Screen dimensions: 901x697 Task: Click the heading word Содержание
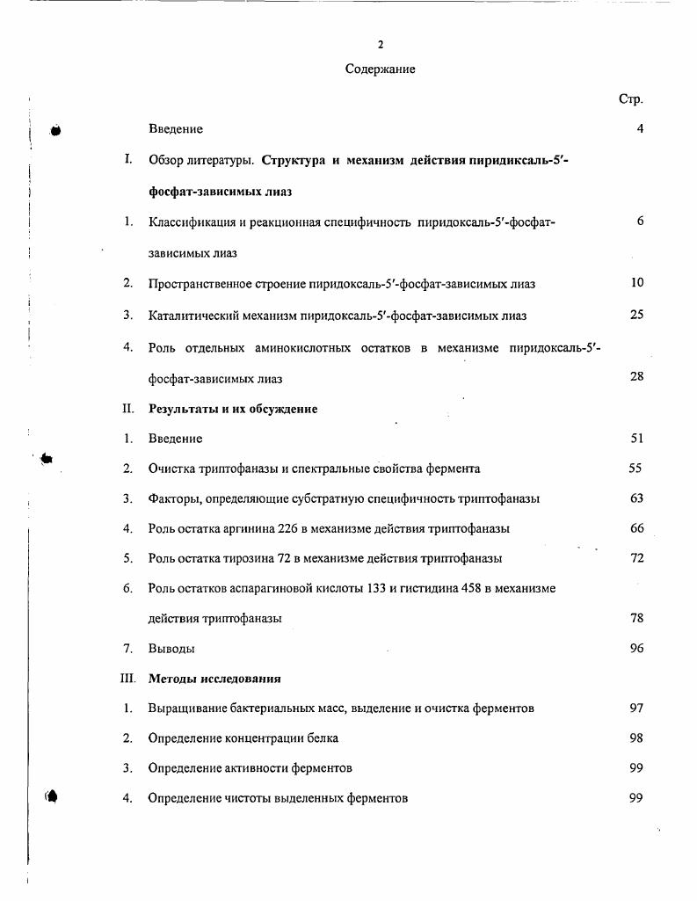click(380, 69)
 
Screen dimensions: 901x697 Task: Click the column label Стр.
click(631, 99)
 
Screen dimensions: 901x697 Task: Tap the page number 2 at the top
click(380, 44)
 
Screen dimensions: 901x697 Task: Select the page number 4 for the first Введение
click(640, 129)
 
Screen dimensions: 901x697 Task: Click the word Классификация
click(194, 222)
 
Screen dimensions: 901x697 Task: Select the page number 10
click(637, 283)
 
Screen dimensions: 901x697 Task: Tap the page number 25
click(637, 315)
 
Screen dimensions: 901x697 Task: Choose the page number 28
click(637, 377)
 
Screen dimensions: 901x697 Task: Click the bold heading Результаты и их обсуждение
click(233, 409)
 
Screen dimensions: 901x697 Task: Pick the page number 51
click(637, 439)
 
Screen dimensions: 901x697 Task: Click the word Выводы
click(171, 649)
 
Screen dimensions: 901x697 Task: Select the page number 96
click(637, 649)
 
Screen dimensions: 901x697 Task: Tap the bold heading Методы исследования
click(214, 679)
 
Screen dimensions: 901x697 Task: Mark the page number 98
click(637, 738)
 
